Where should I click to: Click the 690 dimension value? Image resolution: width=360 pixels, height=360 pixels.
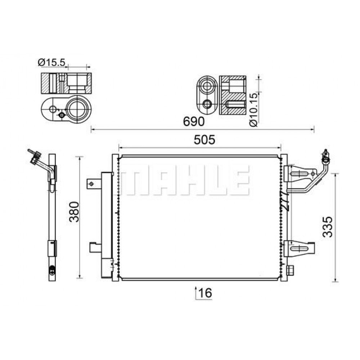pos(194,122)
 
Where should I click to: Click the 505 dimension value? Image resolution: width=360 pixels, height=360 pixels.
pos(199,140)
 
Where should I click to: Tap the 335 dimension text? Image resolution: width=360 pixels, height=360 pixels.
pos(327,227)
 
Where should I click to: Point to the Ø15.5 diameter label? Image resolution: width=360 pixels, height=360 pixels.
pos(51,62)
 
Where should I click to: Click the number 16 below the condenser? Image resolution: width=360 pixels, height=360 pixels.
pos(205,293)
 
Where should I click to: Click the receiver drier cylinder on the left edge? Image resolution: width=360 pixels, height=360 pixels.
pos(107,223)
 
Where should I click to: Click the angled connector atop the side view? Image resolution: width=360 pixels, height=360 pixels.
pos(34,157)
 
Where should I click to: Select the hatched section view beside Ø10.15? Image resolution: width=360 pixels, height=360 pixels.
pos(233,95)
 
